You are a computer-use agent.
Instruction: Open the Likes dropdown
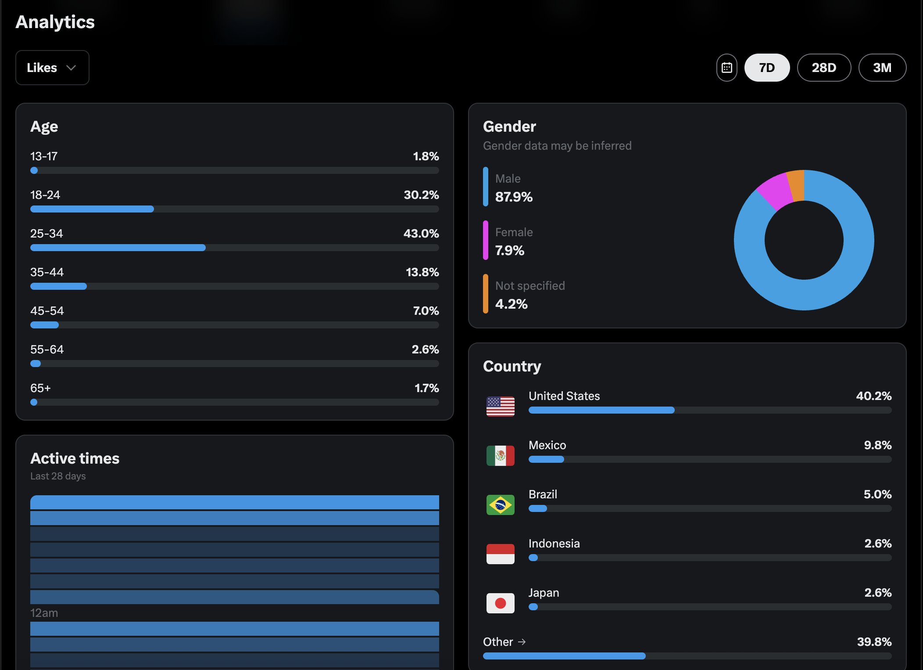(x=52, y=68)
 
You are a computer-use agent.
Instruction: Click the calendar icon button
(x=726, y=68)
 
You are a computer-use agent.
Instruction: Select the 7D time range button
(x=767, y=68)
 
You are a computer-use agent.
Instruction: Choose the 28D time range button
(x=824, y=68)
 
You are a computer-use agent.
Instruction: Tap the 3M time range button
(x=882, y=68)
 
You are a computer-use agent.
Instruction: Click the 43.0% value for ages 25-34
(x=421, y=234)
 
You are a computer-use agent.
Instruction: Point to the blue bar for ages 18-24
(x=92, y=209)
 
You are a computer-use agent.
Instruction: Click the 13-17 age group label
(x=44, y=156)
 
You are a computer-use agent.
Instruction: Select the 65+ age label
(x=40, y=388)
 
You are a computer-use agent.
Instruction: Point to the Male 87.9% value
(x=514, y=197)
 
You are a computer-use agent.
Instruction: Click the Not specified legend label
(x=530, y=286)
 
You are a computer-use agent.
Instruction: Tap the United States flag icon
(x=500, y=406)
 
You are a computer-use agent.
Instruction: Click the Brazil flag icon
(x=500, y=504)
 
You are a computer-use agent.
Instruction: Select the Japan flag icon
(x=500, y=603)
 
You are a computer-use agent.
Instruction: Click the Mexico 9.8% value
(x=877, y=445)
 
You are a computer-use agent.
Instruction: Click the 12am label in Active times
(x=44, y=613)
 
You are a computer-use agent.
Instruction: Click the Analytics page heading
(x=55, y=22)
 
